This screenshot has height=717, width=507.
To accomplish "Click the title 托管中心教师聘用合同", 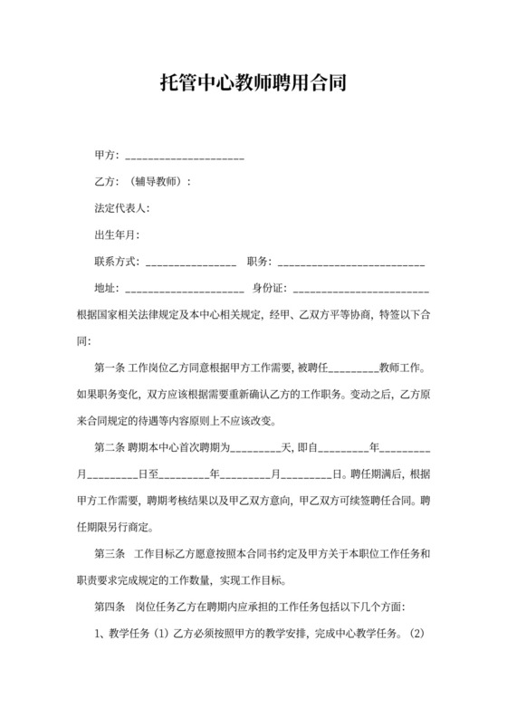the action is [253, 84].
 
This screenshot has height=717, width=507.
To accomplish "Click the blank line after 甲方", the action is [185, 157].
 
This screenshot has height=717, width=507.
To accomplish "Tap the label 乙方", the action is [106, 182].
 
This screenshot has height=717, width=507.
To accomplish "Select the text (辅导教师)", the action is [158, 182].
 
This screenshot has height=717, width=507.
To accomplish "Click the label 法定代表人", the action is [122, 209].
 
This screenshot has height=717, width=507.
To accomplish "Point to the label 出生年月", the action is [117, 235].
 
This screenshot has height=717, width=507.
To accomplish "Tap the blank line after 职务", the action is [351, 263].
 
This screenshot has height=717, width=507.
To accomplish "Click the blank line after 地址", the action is [185, 290].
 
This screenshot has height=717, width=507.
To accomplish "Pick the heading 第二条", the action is [110, 447].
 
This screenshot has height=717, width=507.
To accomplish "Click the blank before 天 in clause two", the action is [257, 449].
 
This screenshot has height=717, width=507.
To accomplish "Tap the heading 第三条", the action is [110, 552].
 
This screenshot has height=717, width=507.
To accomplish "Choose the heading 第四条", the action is [110, 605].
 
